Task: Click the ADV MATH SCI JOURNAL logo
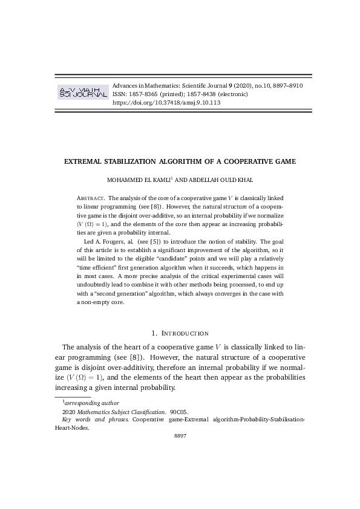(82, 92)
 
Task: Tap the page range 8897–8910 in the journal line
(283, 86)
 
